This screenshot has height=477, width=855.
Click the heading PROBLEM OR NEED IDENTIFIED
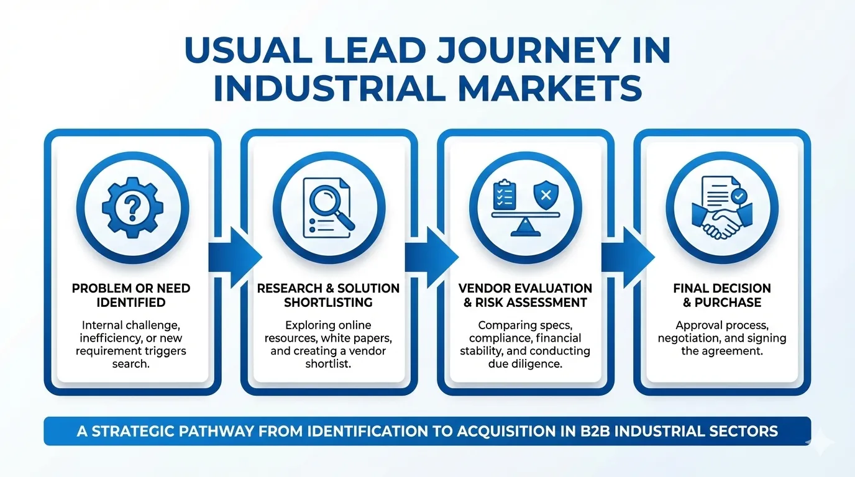(131, 296)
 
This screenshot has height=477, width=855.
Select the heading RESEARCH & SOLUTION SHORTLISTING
(328, 296)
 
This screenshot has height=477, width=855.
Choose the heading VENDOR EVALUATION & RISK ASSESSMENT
(525, 296)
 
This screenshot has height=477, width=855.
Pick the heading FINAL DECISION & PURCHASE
(721, 296)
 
